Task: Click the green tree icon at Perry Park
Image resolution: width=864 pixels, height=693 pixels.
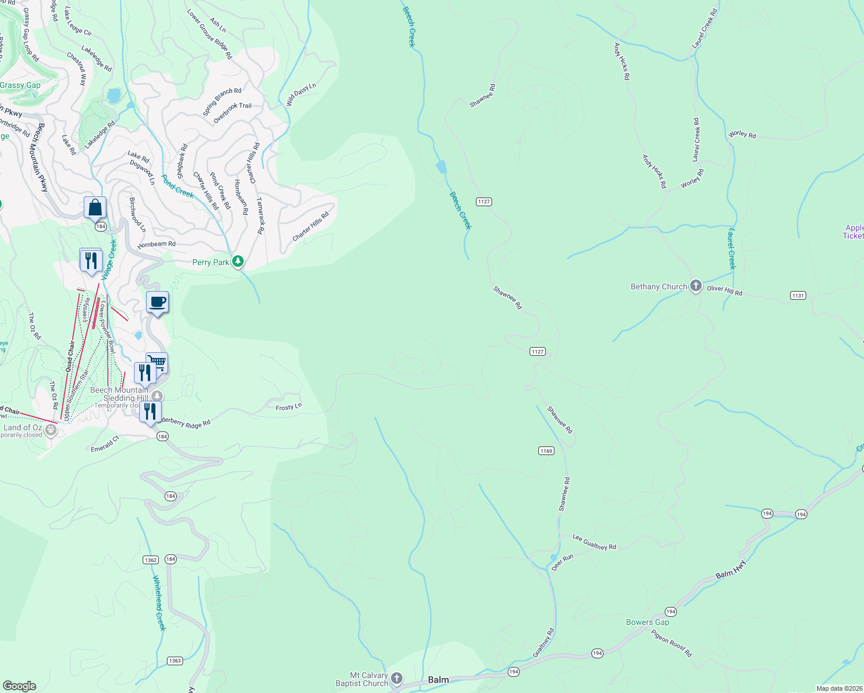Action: pos(237,262)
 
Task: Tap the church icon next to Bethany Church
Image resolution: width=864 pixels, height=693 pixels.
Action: pos(696,286)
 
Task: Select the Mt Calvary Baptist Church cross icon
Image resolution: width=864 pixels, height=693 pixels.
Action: pos(397,679)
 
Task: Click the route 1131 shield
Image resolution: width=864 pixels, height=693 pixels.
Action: pos(798,296)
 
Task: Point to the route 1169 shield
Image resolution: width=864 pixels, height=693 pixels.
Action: pos(546,451)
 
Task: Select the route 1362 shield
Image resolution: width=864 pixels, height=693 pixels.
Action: pos(150,560)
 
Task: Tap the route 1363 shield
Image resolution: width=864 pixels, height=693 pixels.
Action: pos(174,661)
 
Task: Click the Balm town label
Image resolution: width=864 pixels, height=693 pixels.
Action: pos(438,680)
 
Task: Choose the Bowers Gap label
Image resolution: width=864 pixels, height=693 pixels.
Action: pos(647,622)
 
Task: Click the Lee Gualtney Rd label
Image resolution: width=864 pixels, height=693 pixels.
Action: pos(594,542)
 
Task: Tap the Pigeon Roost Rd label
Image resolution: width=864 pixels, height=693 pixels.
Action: pos(672,643)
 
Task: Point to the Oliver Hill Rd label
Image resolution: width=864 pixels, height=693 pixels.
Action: pos(724,290)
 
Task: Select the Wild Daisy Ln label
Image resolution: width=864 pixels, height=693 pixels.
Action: pos(301,94)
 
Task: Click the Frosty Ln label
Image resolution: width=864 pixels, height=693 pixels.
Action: pos(289,407)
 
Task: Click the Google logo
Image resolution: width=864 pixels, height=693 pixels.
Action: pos(20,685)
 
